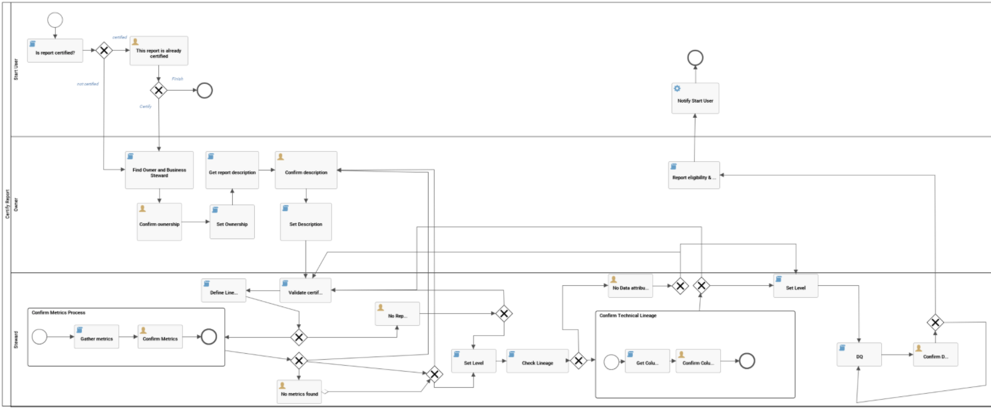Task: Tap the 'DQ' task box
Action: (859, 355)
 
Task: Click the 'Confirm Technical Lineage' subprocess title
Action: (628, 315)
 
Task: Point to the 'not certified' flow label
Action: (88, 84)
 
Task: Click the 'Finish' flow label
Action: (177, 79)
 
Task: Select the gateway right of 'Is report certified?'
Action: (104, 51)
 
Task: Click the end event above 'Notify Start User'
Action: (695, 58)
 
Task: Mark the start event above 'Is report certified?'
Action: (55, 19)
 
